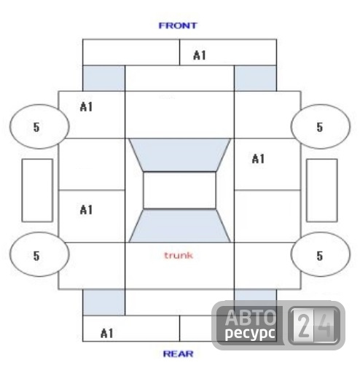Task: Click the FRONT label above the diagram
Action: click(x=178, y=25)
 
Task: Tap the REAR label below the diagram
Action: click(x=179, y=354)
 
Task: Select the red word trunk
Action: click(x=179, y=255)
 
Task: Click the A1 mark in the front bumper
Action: click(x=200, y=55)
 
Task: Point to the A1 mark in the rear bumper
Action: click(x=107, y=333)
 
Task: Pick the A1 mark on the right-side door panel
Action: click(x=258, y=159)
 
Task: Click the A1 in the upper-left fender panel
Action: click(x=86, y=107)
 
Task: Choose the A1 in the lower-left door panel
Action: click(x=86, y=210)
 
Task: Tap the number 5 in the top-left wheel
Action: click(x=36, y=127)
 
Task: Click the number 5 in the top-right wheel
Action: click(x=320, y=127)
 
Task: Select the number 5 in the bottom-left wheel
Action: click(x=36, y=256)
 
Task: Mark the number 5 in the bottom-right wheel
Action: click(x=320, y=256)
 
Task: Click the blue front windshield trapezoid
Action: click(x=179, y=155)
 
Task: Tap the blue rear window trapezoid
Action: click(x=179, y=226)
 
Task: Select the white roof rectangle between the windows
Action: click(x=179, y=190)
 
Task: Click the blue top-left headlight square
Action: click(x=103, y=78)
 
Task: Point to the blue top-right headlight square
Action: click(x=255, y=78)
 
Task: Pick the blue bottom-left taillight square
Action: click(x=103, y=302)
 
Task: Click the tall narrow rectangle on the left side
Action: click(x=37, y=190)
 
